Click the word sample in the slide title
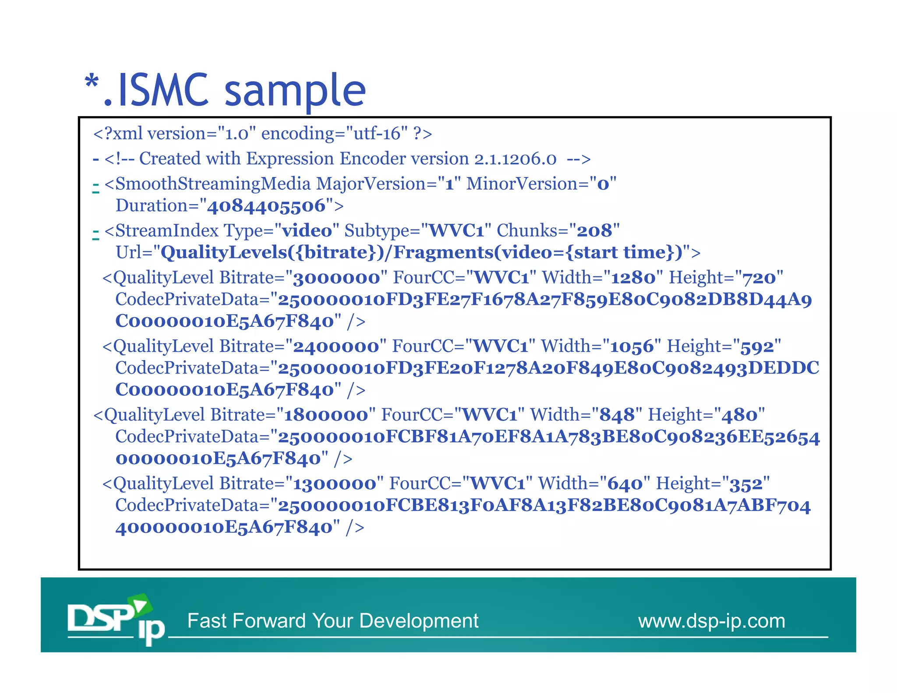point(295,91)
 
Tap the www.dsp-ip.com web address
point(711,621)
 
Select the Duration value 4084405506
point(266,206)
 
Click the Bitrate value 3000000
point(336,278)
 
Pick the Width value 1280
point(633,278)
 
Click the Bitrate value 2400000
point(336,346)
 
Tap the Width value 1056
point(632,346)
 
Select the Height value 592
point(757,346)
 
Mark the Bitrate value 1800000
point(326,415)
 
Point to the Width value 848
point(617,415)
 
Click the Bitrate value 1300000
point(335,484)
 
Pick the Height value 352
point(746,484)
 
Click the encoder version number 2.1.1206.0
point(515,159)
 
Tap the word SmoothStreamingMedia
point(213,184)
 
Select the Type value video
point(307,231)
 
